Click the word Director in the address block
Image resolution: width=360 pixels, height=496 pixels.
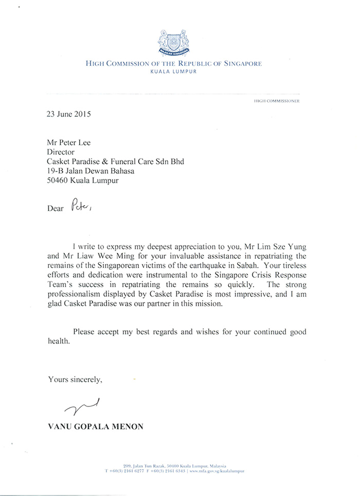pos(61,152)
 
